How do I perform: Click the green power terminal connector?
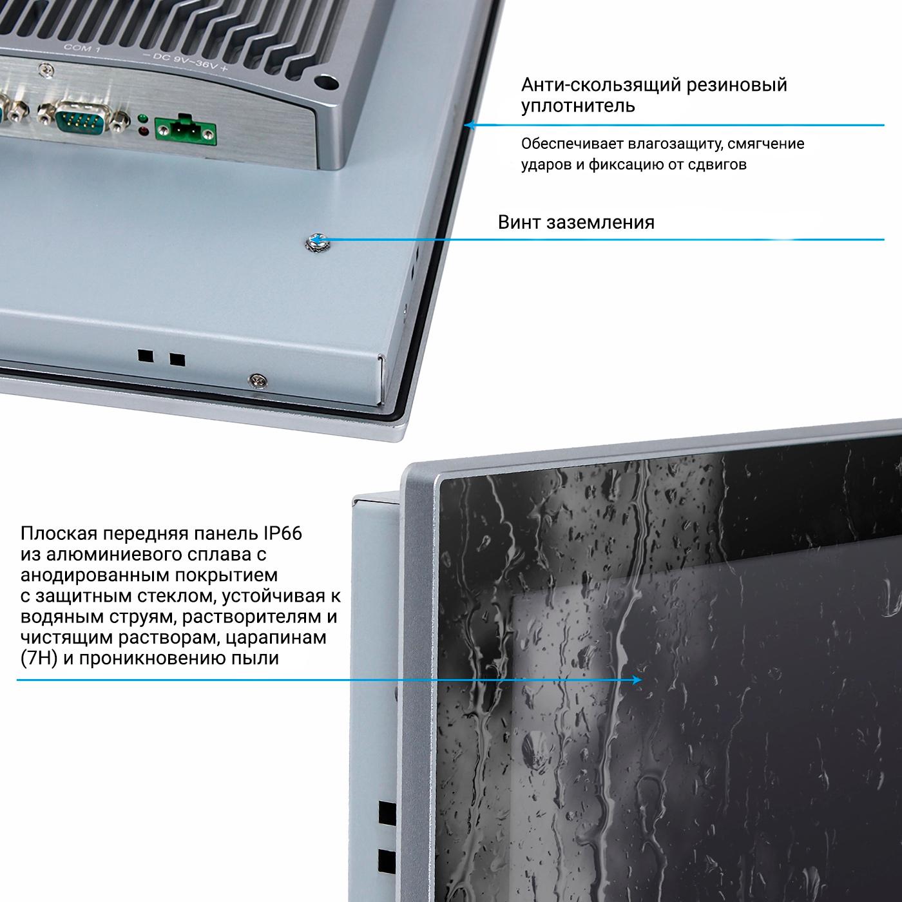tap(186, 131)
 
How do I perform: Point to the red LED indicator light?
tap(144, 131)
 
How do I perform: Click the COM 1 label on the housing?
tap(82, 47)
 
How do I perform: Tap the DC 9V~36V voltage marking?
tap(185, 61)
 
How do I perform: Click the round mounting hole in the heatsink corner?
tap(327, 82)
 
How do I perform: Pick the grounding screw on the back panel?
tap(316, 242)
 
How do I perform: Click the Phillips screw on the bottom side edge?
tap(258, 381)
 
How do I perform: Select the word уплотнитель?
tap(578, 106)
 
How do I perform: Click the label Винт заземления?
tap(576, 222)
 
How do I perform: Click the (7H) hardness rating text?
tap(39, 658)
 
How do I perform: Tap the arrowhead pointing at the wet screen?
tap(637, 680)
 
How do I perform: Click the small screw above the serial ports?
tap(45, 71)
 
